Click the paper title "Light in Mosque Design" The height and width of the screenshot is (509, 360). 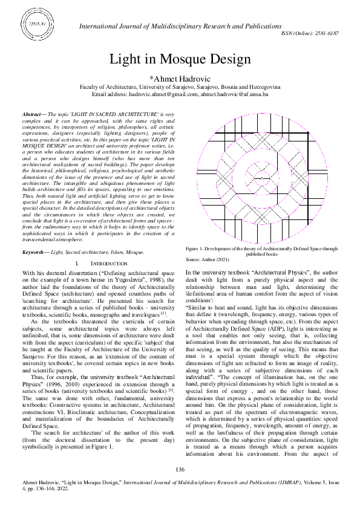180,59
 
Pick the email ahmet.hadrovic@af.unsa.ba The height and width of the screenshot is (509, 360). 235,95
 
